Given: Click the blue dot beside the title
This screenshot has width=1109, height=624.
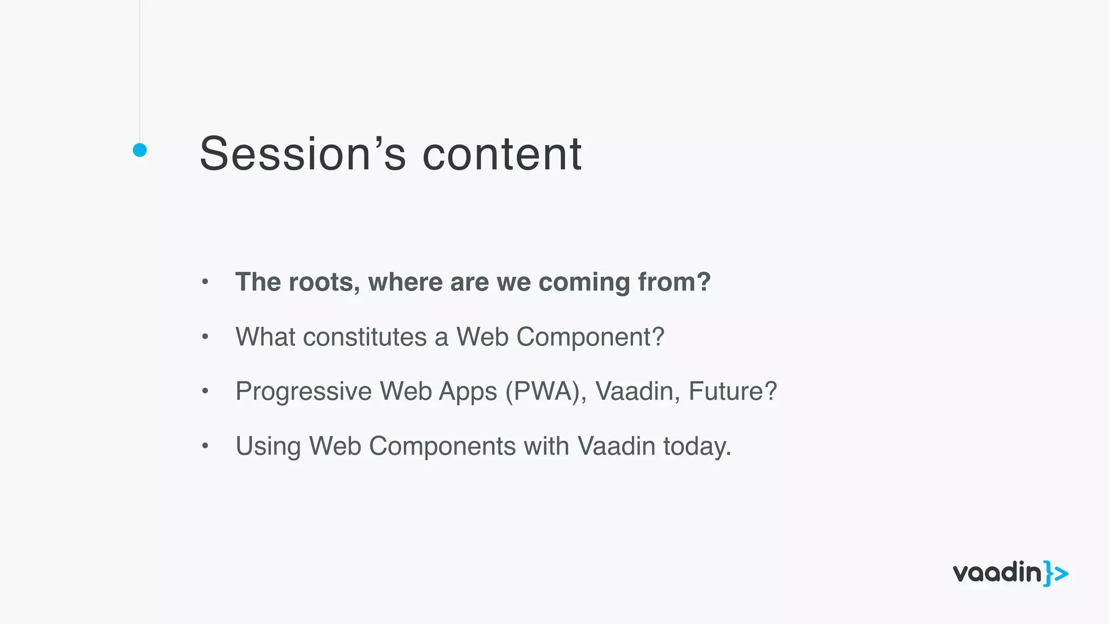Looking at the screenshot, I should pyautogui.click(x=140, y=150).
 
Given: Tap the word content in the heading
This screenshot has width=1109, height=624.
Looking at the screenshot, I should pyautogui.click(x=501, y=154).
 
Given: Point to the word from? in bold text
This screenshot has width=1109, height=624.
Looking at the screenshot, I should pyautogui.click(x=674, y=282).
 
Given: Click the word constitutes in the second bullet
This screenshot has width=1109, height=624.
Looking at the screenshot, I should pyautogui.click(x=364, y=337).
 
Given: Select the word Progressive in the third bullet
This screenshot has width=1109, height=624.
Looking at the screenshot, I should pyautogui.click(x=303, y=392).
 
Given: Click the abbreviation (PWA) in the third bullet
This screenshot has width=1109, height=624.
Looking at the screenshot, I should pyautogui.click(x=546, y=392).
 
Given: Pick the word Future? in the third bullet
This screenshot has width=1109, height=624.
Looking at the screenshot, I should pyautogui.click(x=733, y=391).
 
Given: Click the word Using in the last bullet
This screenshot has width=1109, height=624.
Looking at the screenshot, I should pyautogui.click(x=268, y=447).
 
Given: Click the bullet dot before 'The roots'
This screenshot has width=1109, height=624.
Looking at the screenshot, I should pyautogui.click(x=205, y=282).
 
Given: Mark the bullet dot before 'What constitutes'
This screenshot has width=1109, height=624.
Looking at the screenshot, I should pyautogui.click(x=205, y=337).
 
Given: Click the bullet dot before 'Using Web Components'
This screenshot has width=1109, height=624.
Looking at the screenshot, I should pyautogui.click(x=205, y=446).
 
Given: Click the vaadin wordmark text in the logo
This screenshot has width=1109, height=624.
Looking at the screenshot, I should pyautogui.click(x=997, y=573).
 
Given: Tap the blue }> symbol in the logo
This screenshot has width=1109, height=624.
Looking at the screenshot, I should pyautogui.click(x=1056, y=574).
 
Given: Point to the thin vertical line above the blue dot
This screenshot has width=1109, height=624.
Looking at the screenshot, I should pyautogui.click(x=140, y=70).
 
